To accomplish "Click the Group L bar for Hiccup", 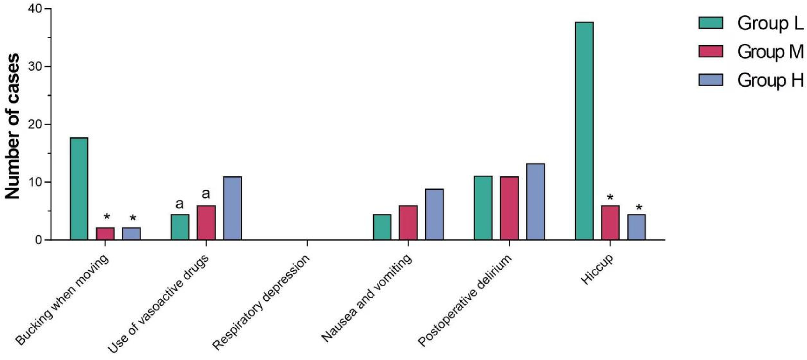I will [x=584, y=131].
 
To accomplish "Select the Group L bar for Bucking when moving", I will [x=79, y=188].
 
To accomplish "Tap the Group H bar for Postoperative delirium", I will [x=535, y=202].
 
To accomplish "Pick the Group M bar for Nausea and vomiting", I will [x=408, y=222].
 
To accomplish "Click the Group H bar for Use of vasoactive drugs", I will [x=232, y=208].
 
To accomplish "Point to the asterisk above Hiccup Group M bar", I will [x=610, y=198].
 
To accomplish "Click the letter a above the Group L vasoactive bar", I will [x=179, y=204].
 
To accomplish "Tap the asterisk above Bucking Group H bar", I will [x=133, y=218].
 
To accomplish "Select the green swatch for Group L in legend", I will [x=710, y=23].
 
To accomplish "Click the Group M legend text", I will [x=770, y=52].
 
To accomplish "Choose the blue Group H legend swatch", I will [x=710, y=80].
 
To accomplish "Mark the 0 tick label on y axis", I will [x=38, y=240].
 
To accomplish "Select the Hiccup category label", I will [x=597, y=270].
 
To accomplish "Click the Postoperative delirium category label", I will [x=465, y=300].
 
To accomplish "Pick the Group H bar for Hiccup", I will [x=636, y=227].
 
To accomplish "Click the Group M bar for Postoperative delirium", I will [x=509, y=208].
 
